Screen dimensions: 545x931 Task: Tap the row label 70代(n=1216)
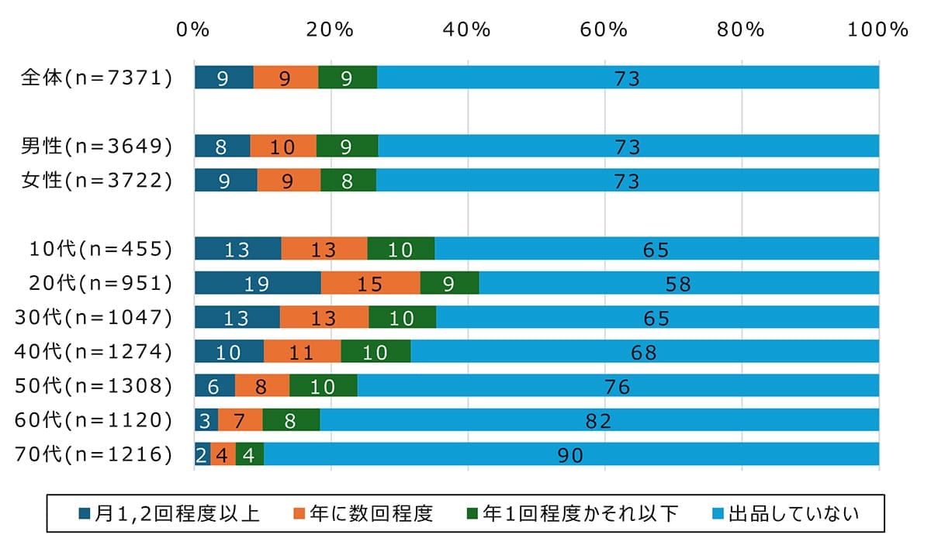coord(94,454)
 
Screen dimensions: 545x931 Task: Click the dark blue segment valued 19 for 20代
coord(257,283)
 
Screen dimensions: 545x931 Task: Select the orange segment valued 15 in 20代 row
coord(370,283)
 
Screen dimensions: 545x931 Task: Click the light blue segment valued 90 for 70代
coord(571,454)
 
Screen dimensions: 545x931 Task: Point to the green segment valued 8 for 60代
coord(291,419)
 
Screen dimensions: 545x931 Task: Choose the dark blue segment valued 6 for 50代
coord(214,385)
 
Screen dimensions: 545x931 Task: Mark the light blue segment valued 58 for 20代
coord(678,283)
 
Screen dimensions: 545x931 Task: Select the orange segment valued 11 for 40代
coord(302,351)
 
